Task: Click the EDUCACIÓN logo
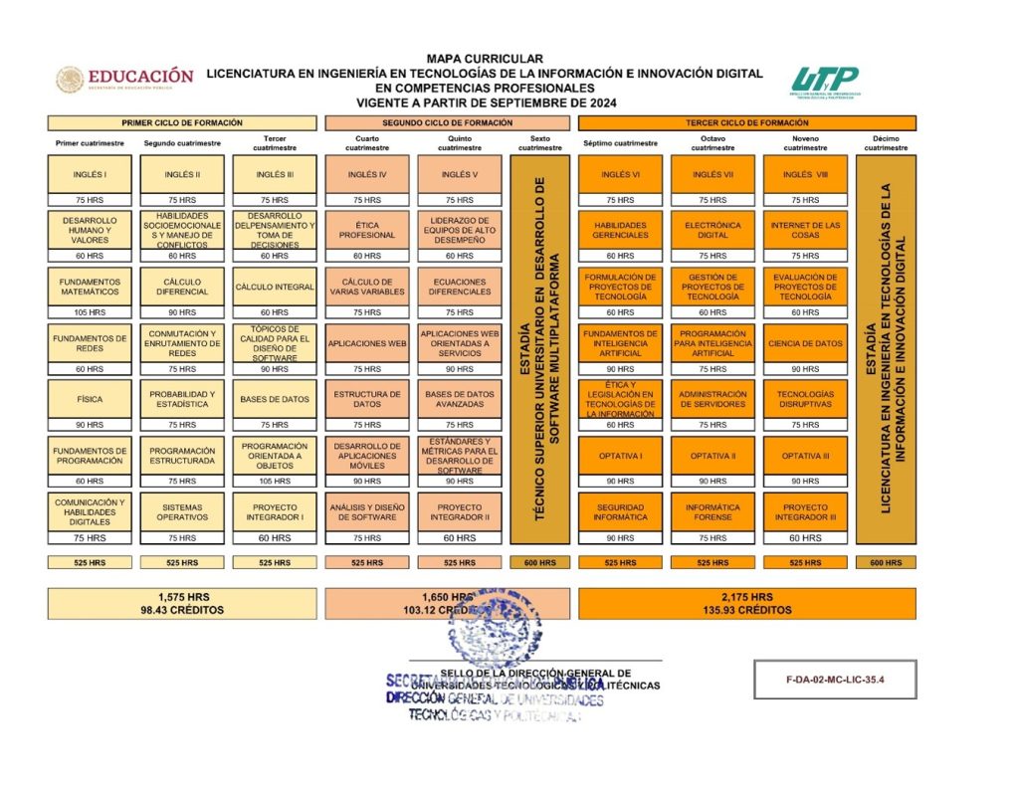(124, 79)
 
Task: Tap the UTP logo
(825, 82)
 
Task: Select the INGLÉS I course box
(90, 175)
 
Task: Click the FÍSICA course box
(90, 399)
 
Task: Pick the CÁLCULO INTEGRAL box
(275, 287)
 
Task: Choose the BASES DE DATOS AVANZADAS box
(460, 399)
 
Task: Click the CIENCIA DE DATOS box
(805, 343)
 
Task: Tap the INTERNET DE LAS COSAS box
(805, 230)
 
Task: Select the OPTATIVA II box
(713, 456)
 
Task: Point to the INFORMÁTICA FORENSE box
(713, 511)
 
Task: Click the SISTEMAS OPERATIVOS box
(182, 511)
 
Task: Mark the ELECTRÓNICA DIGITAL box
(713, 230)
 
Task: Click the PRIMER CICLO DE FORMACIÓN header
(182, 122)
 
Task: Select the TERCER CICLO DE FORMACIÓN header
(747, 122)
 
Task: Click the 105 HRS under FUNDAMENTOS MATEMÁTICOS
(90, 312)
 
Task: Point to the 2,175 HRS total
(747, 597)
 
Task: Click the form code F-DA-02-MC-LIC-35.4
(835, 680)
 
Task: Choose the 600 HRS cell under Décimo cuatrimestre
(886, 562)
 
